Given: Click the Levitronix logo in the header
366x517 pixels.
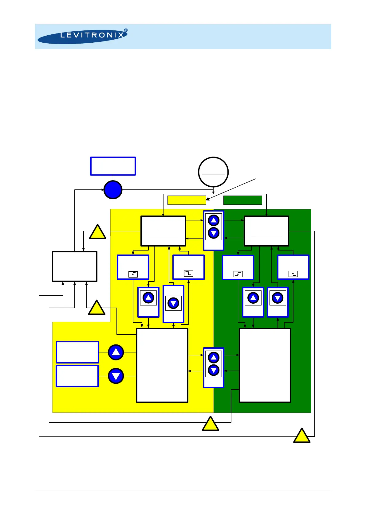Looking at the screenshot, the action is pos(82,37).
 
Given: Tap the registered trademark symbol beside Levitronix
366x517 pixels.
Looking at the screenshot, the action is pos(125,30).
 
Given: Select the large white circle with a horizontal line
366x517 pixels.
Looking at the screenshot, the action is pos(213,172).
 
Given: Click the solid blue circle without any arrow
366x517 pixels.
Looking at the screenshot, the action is pos(113,190).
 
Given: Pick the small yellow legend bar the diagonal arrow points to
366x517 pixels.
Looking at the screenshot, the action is pos(187,200).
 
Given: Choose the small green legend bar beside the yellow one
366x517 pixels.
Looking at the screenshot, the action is pos(242,200).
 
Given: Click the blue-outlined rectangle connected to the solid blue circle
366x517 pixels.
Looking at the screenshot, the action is pos(113,166).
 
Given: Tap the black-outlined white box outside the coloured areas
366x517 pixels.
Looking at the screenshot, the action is pos(75,266).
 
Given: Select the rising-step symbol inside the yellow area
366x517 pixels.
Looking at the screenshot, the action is pos(133,274).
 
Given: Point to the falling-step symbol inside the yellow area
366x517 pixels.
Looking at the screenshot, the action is pos(188,273).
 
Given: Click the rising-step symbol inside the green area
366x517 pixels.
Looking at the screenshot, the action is pos(238,274).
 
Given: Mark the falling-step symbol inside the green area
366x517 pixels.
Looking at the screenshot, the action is pos(293,274).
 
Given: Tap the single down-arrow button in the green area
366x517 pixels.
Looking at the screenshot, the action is pos(277,298).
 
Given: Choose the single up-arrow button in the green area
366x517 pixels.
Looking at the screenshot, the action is pos(253,298).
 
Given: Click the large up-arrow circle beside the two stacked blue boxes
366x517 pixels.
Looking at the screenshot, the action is pos(116,352).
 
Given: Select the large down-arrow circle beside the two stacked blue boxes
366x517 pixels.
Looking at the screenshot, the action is pos(116,376).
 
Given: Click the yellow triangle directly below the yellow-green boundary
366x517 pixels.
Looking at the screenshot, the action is pos(211,425).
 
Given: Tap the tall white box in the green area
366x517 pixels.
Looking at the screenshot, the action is pos(265,365).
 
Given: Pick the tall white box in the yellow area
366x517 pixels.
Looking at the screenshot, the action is pos(162,365).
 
